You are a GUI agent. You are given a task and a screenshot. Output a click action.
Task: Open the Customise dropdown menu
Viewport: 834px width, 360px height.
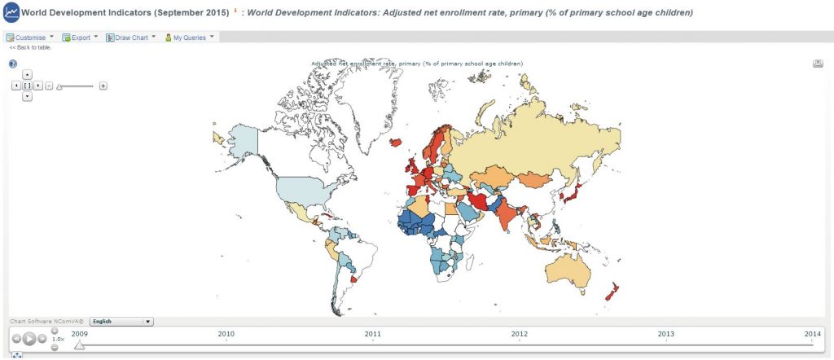30,37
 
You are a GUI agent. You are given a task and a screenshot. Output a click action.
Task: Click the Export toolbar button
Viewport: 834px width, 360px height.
80,37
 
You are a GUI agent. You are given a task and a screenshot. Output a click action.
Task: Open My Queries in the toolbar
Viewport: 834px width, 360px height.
189,37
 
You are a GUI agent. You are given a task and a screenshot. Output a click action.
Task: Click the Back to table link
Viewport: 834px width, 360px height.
30,47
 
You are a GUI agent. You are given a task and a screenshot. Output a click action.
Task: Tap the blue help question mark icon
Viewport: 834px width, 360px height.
13,64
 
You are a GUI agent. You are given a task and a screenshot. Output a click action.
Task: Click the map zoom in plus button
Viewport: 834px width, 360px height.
103,86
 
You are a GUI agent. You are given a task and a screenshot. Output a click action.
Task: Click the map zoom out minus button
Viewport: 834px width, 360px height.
49,86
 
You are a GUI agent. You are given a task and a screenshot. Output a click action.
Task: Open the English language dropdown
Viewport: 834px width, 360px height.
121,322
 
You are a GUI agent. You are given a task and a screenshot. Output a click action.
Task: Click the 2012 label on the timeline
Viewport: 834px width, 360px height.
519,334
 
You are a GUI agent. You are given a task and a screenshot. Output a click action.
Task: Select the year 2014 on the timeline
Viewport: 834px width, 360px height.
812,334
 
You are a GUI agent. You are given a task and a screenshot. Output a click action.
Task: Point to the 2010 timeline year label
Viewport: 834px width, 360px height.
226,334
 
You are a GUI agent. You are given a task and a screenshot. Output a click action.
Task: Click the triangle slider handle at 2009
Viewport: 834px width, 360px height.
79,345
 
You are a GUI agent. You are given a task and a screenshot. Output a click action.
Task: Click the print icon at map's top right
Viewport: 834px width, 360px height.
817,64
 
